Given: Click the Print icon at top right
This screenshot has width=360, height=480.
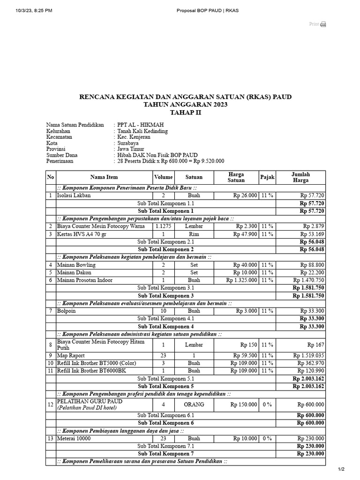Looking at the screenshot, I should [323, 24].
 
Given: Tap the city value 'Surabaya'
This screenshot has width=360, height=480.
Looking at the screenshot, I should [128, 143].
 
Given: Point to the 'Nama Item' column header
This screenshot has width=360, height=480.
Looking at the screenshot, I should [104, 177].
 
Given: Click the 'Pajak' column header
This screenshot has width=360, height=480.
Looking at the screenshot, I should [267, 177].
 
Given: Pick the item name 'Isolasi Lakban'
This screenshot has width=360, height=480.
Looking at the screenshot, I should [74, 195].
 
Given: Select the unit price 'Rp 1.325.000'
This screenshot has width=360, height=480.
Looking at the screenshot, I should [241, 280].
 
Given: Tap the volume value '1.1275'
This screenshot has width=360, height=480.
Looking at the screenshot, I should [164, 226].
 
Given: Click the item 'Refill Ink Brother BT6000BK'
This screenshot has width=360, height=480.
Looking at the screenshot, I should [92, 371].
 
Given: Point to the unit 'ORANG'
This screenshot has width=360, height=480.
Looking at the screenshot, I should [194, 405].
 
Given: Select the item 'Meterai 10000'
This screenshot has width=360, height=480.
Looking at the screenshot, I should [74, 439].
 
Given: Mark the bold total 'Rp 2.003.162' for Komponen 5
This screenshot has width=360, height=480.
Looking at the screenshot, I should [308, 386].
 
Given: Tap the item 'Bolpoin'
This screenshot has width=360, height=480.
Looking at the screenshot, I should [67, 311].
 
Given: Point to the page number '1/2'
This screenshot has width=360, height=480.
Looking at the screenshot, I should [341, 469].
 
